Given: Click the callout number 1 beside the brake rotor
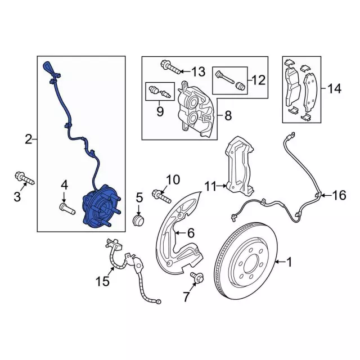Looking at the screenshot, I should tap(290, 261).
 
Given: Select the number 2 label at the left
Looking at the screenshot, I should tap(28, 138).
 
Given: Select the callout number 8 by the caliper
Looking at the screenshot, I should tap(228, 116).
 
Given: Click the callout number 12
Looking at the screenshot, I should tap(258, 80).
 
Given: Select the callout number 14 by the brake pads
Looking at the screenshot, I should tap(335, 88).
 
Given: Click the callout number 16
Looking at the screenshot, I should tap(339, 195).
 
